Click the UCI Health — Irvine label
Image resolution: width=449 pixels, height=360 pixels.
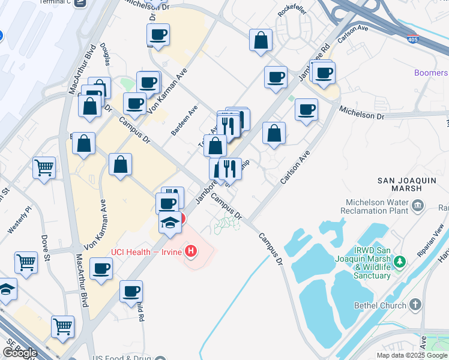click(146, 251)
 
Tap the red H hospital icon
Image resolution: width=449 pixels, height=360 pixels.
click(191, 251)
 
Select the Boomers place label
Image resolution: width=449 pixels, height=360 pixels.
click(431, 73)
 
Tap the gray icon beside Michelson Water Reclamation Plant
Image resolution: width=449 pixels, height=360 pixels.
click(418, 206)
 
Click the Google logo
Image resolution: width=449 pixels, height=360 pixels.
click(20, 353)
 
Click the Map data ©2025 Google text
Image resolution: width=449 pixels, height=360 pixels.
click(412, 355)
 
